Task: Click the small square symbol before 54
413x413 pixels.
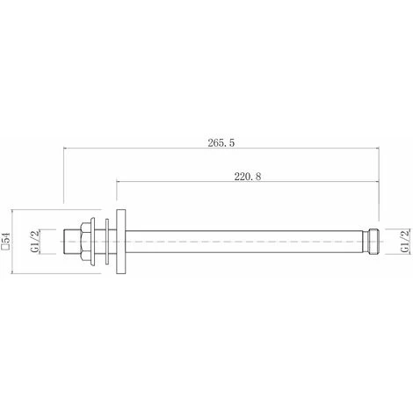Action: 7,254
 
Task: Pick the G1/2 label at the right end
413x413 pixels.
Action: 403,240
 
